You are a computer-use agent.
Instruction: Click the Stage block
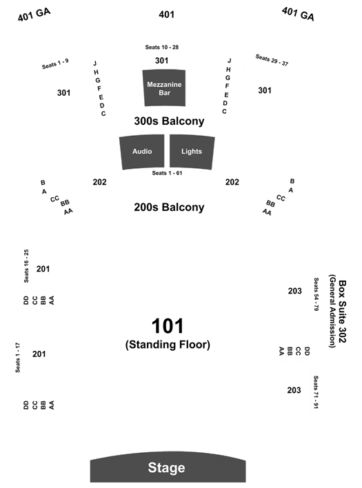(x=168, y=467)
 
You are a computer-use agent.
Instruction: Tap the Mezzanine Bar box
(x=164, y=88)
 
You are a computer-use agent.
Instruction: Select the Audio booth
(x=142, y=152)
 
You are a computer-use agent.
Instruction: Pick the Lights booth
(x=192, y=152)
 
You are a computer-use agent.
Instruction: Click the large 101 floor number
(x=168, y=326)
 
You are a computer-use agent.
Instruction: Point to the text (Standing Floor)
(x=168, y=345)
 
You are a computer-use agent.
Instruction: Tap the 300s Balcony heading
(x=169, y=121)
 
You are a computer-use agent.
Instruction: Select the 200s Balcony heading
(x=169, y=207)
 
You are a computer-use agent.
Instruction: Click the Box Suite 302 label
(x=342, y=312)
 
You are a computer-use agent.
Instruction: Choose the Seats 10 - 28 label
(x=162, y=48)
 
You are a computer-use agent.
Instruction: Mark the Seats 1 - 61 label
(x=167, y=173)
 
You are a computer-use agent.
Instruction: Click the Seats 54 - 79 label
(x=316, y=294)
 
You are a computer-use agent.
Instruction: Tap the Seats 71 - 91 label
(x=316, y=392)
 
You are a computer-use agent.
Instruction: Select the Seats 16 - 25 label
(x=26, y=266)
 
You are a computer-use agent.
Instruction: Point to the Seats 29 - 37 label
(x=272, y=60)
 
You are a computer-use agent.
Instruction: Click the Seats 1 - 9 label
(x=55, y=64)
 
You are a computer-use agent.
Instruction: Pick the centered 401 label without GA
(x=167, y=14)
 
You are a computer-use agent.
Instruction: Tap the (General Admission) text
(x=332, y=311)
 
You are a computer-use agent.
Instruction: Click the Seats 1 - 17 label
(x=18, y=358)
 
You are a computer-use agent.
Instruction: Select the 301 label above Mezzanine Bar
(x=162, y=61)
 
